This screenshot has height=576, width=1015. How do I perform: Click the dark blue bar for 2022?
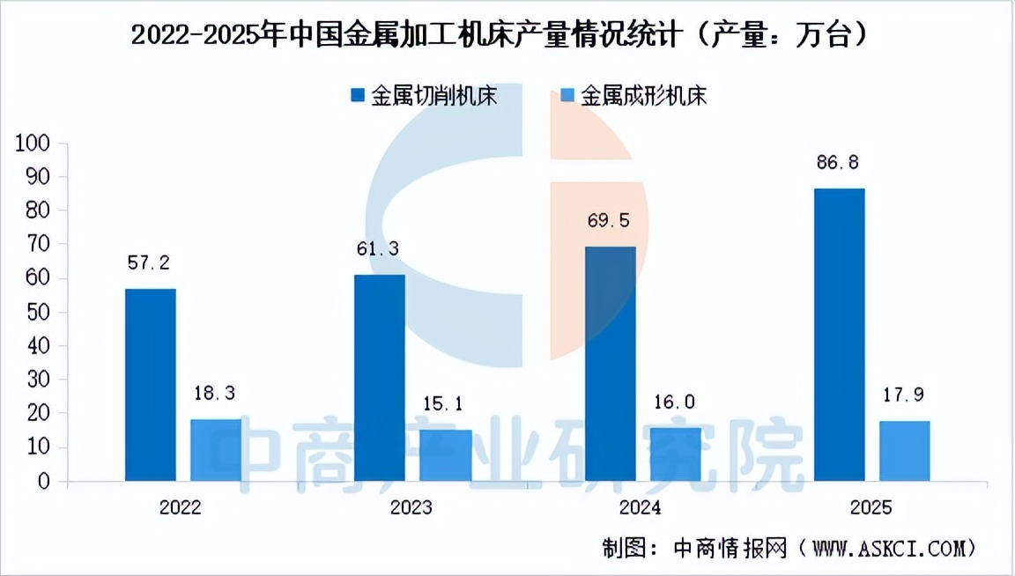coord(151,385)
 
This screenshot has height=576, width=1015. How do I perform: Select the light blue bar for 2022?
coord(216,450)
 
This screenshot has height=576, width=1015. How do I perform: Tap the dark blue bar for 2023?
coord(380,378)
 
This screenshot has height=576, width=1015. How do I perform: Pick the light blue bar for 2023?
coord(446,455)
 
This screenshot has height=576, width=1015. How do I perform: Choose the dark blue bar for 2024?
coord(610,364)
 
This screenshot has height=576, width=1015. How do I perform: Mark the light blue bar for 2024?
coord(676,454)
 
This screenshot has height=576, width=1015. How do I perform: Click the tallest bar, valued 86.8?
coord(839,335)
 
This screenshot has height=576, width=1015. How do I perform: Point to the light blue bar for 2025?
coord(905,451)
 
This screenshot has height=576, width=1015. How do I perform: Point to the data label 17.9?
coord(905,395)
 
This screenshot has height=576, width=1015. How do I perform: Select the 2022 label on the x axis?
coord(181,508)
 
